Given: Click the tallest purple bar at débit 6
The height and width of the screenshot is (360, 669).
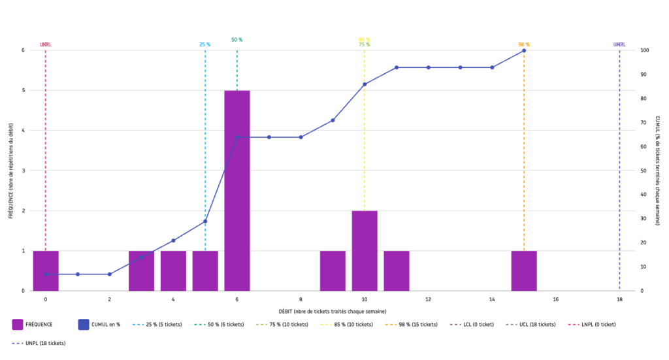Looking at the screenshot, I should click(237, 190).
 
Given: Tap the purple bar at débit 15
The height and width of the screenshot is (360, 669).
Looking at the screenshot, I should click(524, 270).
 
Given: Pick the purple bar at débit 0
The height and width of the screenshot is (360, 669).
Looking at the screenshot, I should click(46, 270).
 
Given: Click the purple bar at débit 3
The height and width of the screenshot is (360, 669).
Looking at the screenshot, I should click(141, 270).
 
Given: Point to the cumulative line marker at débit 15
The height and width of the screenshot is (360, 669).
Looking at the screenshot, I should click(524, 50).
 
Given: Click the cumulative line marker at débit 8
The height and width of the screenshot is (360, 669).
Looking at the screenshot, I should click(301, 137).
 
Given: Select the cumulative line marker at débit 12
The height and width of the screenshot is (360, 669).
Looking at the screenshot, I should click(429, 67).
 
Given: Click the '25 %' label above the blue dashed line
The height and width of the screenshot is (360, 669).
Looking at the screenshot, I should click(205, 44).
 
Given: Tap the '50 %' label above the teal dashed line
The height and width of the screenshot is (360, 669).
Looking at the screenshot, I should click(237, 40).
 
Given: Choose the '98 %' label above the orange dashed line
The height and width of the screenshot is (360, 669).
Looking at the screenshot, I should click(524, 44).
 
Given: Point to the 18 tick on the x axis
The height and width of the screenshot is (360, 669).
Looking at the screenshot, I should click(619, 300).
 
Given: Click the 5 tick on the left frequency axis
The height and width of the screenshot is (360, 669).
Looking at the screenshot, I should click(23, 91).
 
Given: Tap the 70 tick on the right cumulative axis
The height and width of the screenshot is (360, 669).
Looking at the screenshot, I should click(645, 123).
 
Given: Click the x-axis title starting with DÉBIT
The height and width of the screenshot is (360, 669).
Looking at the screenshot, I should click(333, 311).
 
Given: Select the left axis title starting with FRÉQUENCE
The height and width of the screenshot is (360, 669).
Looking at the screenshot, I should click(11, 171).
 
